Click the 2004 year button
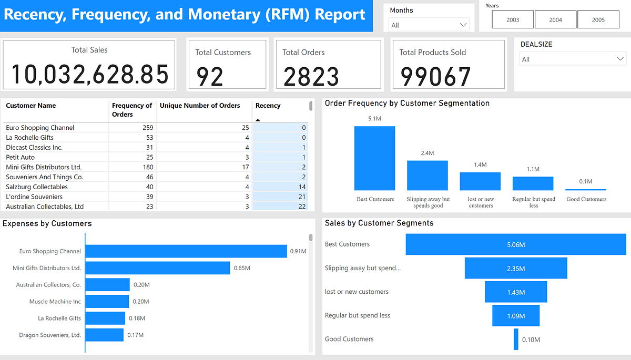[x=555, y=19]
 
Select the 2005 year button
[x=598, y=19]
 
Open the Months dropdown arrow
[x=463, y=25]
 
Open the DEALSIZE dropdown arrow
[x=620, y=59]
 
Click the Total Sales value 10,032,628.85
[x=89, y=74]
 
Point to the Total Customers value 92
[x=210, y=77]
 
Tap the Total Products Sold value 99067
[x=435, y=77]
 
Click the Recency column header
[x=268, y=106]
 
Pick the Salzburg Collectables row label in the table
[x=37, y=187]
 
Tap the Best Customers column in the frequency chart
[x=374, y=158]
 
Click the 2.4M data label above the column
[x=427, y=153]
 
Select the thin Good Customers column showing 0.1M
[x=586, y=189]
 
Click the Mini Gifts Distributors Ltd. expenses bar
[x=157, y=268]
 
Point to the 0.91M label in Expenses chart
[x=298, y=251]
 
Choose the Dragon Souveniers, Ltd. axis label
[x=50, y=335]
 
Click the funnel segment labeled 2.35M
[x=516, y=268]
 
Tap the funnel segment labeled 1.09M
[x=516, y=315]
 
